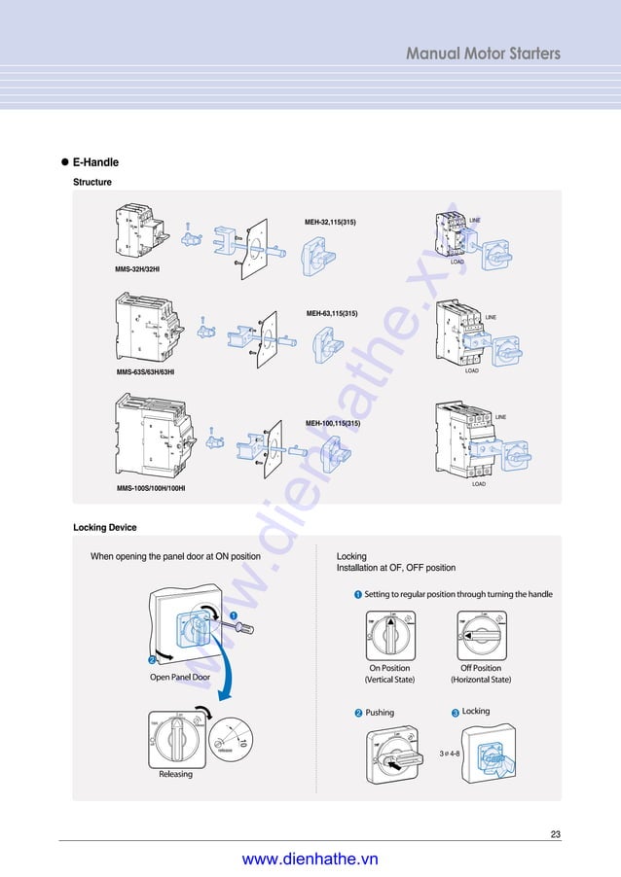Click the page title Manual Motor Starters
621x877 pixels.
pyautogui.click(x=483, y=53)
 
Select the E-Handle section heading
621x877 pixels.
pyautogui.click(x=95, y=162)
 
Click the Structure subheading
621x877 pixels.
pyautogui.click(x=92, y=182)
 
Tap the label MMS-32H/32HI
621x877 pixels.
pyautogui.click(x=137, y=267)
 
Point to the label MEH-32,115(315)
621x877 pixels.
pyautogui.click(x=331, y=222)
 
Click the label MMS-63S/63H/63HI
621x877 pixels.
pyautogui.click(x=145, y=371)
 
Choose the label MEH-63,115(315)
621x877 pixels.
pyautogui.click(x=332, y=313)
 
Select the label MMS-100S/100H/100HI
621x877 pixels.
pyautogui.click(x=151, y=487)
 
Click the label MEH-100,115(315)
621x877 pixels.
pyautogui.click(x=333, y=423)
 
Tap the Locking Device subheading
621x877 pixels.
pyautogui.click(x=105, y=528)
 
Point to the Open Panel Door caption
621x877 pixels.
pyautogui.click(x=180, y=677)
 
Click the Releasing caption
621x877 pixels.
pyautogui.click(x=176, y=774)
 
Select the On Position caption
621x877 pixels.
pyautogui.click(x=389, y=668)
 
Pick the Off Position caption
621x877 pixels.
pyautogui.click(x=481, y=668)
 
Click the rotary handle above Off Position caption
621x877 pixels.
pyautogui.click(x=481, y=634)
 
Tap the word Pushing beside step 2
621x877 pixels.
pyautogui.click(x=380, y=713)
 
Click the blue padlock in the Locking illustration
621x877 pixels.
pyautogui.click(x=494, y=754)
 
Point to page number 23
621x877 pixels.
pyautogui.click(x=556, y=834)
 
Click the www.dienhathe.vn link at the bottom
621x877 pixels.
pyautogui.click(x=310, y=859)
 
